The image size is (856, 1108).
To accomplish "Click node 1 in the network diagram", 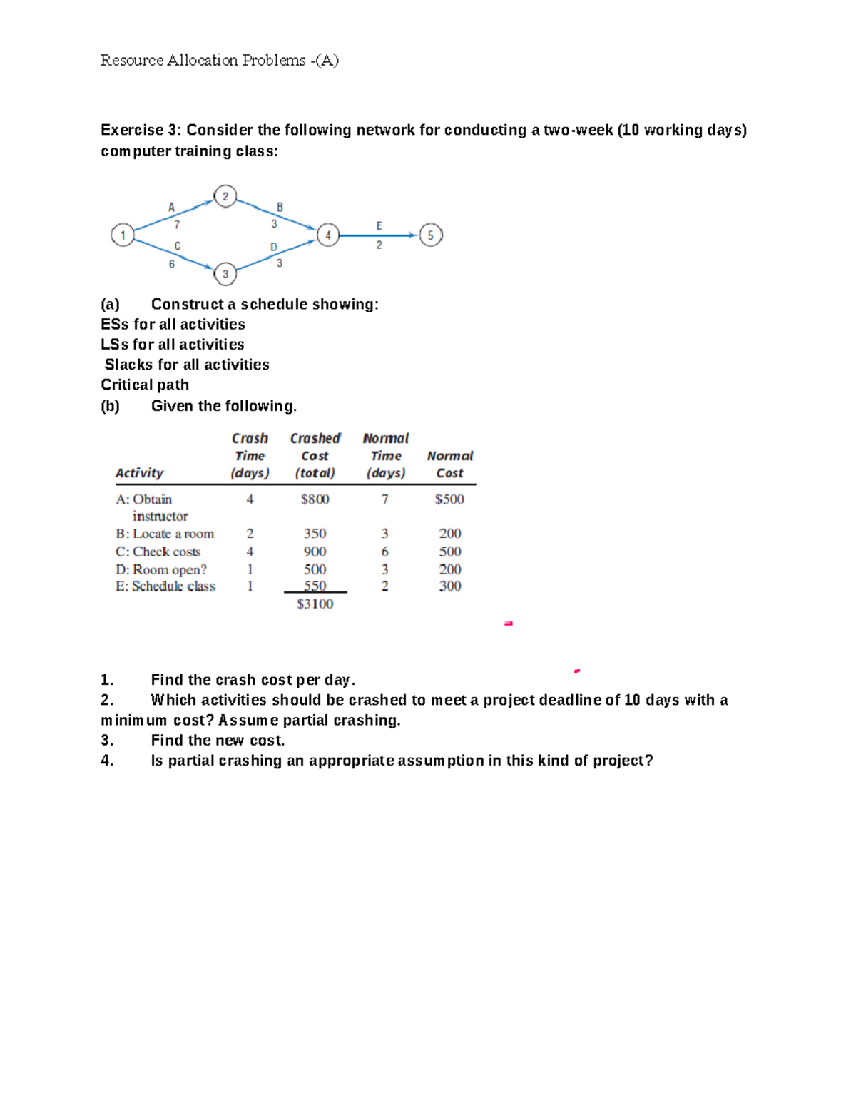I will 123,235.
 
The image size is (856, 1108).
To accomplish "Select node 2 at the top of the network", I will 225,196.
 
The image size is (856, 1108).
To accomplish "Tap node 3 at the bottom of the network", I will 225,273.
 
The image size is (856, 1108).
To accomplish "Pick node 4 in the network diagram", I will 328,235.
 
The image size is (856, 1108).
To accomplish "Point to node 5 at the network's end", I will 431,235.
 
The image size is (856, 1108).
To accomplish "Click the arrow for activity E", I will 379,235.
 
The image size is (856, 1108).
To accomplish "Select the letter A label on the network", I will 171,208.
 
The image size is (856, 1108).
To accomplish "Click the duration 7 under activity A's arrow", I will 177,224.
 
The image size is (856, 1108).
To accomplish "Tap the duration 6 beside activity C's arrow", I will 171,264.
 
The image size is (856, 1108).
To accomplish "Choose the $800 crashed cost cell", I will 315,499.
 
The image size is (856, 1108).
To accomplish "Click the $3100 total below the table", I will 315,604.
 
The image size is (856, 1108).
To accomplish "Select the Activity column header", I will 139,473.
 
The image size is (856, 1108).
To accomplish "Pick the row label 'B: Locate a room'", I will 165,534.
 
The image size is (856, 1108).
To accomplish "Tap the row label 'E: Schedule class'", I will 165,586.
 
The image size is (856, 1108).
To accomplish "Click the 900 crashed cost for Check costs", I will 315,552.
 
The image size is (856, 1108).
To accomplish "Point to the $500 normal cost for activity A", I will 449,499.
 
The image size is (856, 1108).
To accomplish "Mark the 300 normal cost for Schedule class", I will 449,586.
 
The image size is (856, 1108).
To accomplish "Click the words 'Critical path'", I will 145,385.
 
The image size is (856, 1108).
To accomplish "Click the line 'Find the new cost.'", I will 218,741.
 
